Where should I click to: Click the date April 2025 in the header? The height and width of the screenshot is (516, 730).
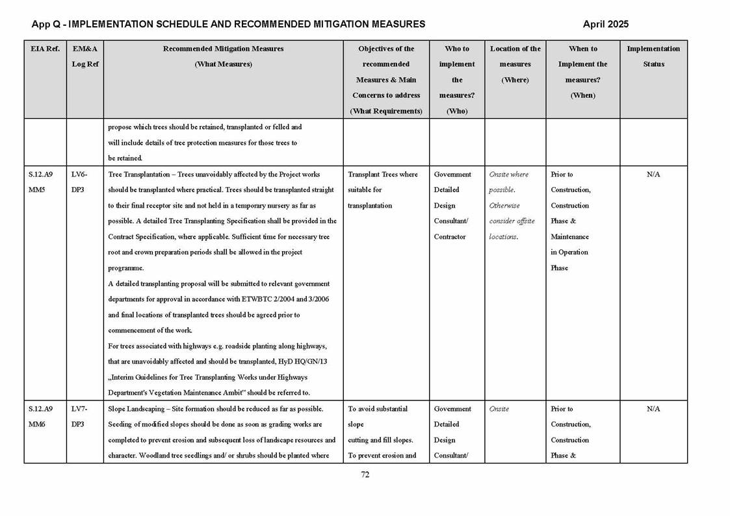605,24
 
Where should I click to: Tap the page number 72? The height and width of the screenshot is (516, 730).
365,474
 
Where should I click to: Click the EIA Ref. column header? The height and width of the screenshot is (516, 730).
45,49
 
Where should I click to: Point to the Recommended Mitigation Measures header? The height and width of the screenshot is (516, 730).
223,49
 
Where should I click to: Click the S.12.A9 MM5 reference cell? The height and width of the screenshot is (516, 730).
41,182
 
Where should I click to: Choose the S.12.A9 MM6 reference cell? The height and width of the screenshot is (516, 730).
41,417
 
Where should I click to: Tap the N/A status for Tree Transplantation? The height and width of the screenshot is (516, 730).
653,175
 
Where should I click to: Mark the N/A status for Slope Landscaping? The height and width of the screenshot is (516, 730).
653,409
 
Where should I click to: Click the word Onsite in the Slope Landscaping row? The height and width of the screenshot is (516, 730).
499,409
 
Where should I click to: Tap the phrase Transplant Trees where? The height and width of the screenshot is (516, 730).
383,175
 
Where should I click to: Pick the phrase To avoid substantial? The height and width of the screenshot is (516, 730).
378,409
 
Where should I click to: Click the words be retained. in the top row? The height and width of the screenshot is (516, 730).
125,158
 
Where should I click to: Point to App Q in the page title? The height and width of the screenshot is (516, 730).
47,24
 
